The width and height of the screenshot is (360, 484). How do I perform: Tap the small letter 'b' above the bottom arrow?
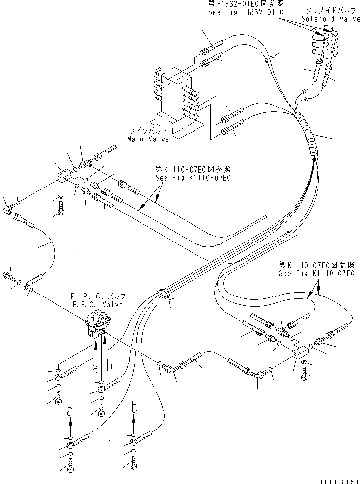tap(134, 407)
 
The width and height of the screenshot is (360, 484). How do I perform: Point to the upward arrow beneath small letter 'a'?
tap(70, 422)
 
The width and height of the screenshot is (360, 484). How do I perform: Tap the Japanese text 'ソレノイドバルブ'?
tap(327, 10)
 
